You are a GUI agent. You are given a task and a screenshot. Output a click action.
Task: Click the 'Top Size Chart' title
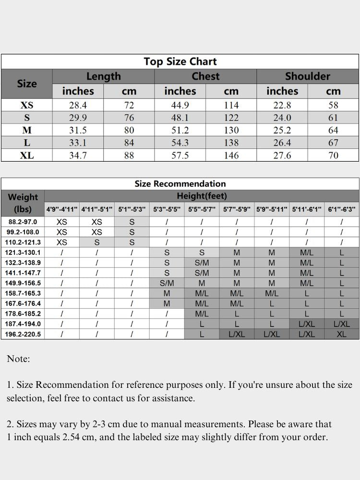coord(180,61)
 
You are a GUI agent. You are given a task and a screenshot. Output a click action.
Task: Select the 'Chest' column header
coord(205,76)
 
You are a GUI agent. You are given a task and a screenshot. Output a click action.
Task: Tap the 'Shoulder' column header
coord(308,76)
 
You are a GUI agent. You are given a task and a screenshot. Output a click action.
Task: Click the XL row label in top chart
coord(27,156)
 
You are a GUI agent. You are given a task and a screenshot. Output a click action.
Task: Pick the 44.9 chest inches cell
coord(180,105)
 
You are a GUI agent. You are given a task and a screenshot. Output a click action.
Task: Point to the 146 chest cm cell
coord(231,156)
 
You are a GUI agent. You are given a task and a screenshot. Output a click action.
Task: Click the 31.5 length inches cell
coord(78,130)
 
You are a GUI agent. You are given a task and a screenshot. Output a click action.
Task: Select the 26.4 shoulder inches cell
coord(282,143)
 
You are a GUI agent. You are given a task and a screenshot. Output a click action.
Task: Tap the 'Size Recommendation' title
coord(180,184)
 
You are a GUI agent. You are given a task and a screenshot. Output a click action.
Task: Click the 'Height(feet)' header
coord(202,196)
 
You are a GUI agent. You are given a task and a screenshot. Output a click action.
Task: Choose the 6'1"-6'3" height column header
coord(342,209)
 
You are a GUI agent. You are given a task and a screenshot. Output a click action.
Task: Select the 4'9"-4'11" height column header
coord(62,209)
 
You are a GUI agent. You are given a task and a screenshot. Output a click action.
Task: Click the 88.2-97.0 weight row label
coord(23,222)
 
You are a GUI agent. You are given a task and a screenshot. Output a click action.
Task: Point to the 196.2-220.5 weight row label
coord(23,334)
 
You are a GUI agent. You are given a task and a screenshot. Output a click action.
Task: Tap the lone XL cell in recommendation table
coord(342,334)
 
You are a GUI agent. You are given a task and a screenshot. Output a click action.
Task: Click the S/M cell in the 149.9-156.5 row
coord(167,283)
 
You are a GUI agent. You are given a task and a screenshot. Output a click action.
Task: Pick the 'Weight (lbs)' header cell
coord(23,203)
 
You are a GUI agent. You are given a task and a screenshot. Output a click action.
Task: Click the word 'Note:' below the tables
coord(18,359)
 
